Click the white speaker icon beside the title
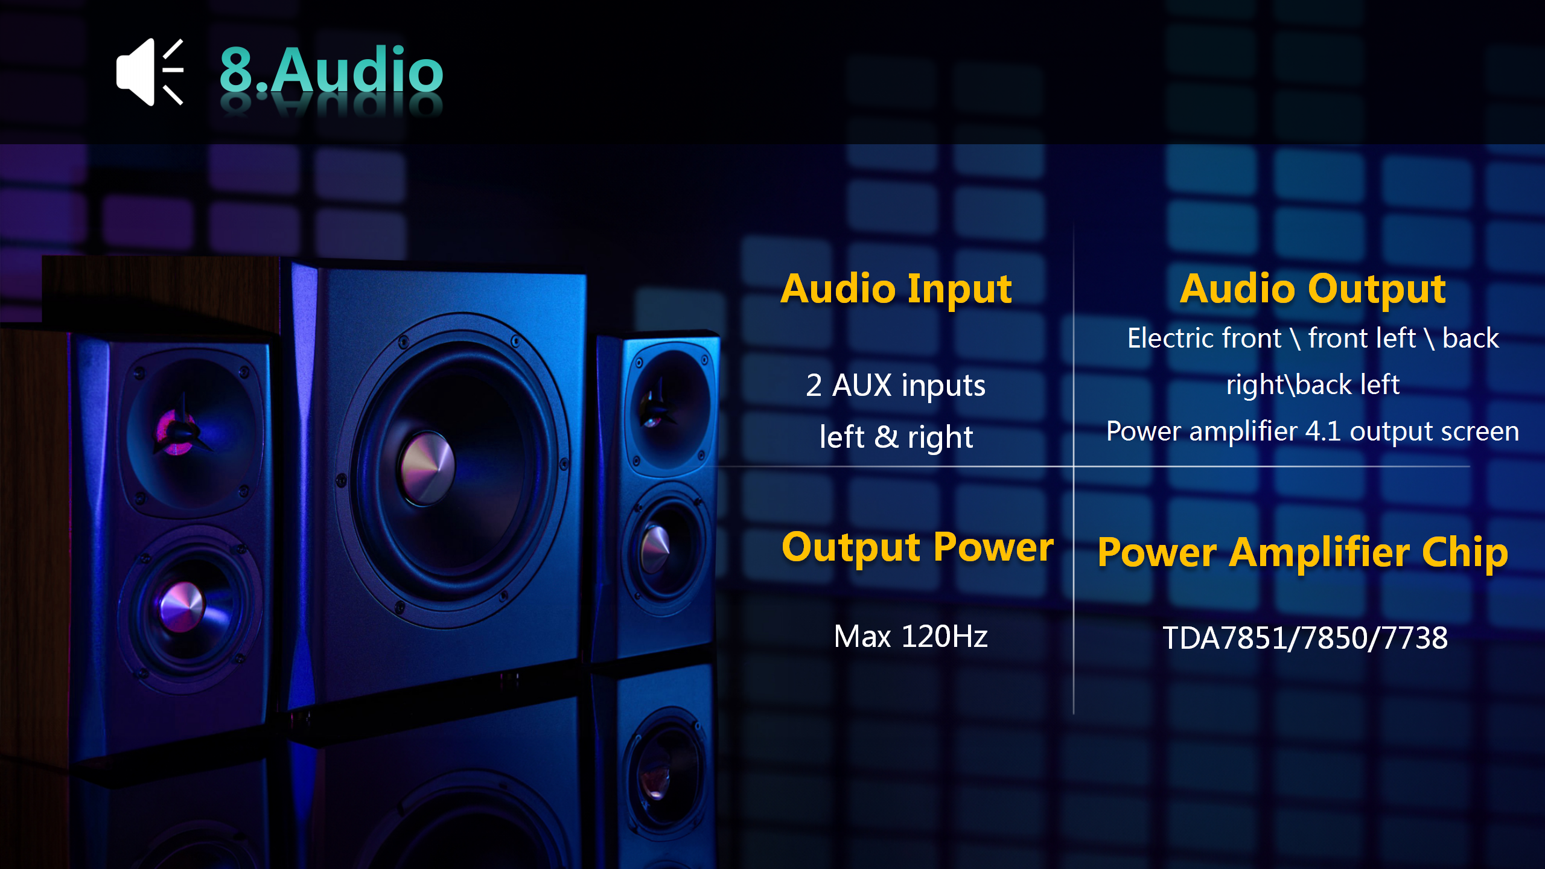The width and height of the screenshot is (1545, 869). pos(150,72)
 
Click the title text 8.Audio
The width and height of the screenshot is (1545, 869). pos(331,71)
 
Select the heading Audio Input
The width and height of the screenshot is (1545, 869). pos(896,289)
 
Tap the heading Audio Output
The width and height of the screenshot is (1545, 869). pos(1313,289)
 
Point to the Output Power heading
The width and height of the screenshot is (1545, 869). pos(917,547)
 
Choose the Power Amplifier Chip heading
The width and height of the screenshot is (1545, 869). pos(1302,553)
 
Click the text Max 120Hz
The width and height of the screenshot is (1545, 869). pos(911,636)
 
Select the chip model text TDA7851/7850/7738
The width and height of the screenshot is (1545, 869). pos(1305,638)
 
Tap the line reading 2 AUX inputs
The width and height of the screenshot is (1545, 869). pos(896,385)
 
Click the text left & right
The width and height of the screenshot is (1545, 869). pos(896,437)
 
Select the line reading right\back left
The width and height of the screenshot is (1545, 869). pos(1313,385)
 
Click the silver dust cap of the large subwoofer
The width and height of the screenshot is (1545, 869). pos(427,467)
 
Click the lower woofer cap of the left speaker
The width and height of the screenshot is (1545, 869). pos(181,606)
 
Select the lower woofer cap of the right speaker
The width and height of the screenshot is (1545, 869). pos(655,549)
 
